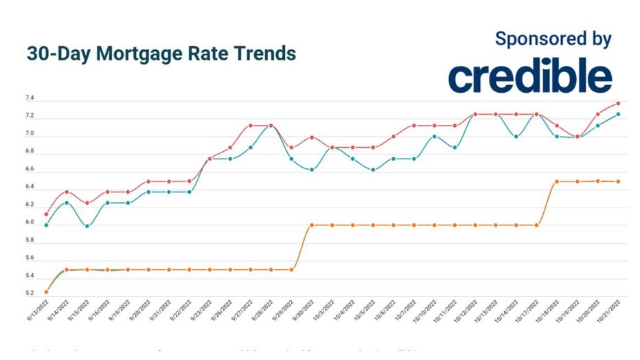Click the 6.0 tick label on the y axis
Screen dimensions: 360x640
click(x=30, y=223)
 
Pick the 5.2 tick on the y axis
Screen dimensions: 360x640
click(x=30, y=293)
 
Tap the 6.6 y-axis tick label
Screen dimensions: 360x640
click(x=30, y=170)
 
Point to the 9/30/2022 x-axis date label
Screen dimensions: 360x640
click(x=304, y=311)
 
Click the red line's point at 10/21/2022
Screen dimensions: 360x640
click(x=618, y=104)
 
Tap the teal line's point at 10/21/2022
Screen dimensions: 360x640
click(x=618, y=114)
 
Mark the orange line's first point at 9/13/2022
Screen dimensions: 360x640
click(x=46, y=292)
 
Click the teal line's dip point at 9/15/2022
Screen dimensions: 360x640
click(x=87, y=225)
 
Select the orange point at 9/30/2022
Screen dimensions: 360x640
click(x=311, y=225)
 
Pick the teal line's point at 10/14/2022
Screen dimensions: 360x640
click(x=516, y=136)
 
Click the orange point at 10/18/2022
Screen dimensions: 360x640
click(x=557, y=181)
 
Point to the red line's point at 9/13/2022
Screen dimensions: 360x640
click(x=46, y=214)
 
